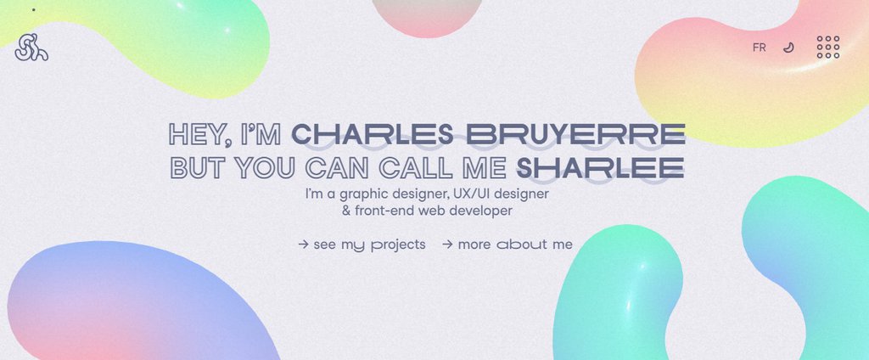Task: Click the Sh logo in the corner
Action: click(x=31, y=47)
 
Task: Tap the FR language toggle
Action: click(x=759, y=48)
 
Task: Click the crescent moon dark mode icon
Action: click(x=788, y=48)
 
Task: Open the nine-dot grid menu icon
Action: click(x=828, y=47)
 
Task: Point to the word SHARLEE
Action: click(x=600, y=167)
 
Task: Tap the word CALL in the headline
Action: click(x=418, y=167)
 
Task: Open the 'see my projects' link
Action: click(x=369, y=245)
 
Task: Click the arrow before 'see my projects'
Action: click(x=303, y=245)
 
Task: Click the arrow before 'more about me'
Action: click(x=447, y=245)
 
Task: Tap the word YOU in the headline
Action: click(x=263, y=167)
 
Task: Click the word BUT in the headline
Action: click(x=198, y=167)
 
